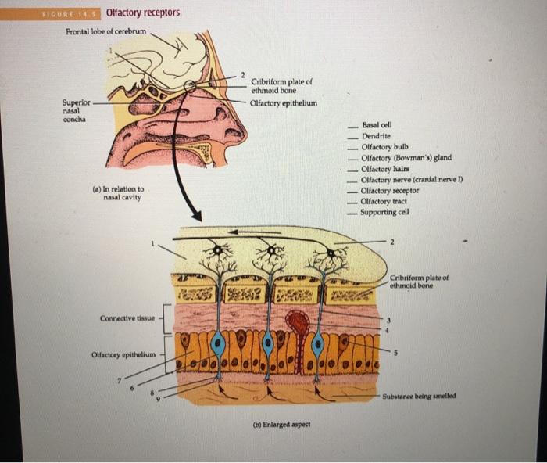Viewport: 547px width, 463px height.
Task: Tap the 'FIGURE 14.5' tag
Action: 75,14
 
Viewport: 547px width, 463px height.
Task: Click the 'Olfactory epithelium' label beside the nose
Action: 284,101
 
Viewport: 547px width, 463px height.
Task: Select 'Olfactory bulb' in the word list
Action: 381,147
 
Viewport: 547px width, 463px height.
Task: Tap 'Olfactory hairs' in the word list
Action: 383,169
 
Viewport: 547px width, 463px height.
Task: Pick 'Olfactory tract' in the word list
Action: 382,202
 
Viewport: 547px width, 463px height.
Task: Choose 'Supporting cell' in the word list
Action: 383,212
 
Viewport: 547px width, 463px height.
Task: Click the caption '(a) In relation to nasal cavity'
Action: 117,193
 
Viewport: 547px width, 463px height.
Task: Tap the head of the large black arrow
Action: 197,215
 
